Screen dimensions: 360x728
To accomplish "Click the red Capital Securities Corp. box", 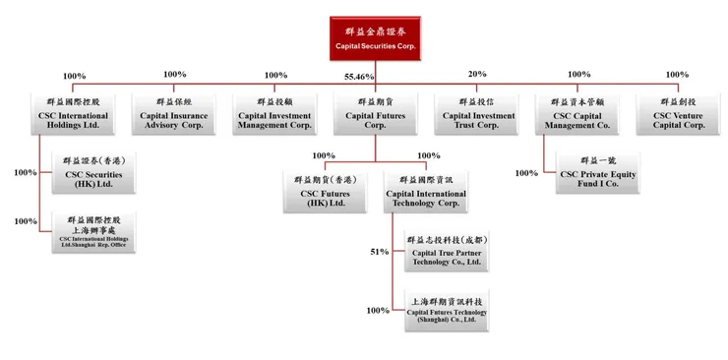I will coord(375,38).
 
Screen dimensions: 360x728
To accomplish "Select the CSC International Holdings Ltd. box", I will coord(74,113).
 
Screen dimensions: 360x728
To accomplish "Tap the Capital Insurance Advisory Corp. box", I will coord(175,113).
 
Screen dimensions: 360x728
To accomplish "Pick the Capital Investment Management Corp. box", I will coord(275,113).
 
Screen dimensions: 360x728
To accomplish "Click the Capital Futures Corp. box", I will coord(375,113).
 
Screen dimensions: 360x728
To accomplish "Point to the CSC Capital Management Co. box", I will coord(579,113).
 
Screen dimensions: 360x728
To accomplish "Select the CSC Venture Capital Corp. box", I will coord(679,113).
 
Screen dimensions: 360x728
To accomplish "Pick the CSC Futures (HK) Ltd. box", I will coord(324,192).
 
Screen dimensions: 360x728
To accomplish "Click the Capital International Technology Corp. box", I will coord(425,192).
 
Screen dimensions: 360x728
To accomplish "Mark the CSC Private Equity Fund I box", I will coord(596,172).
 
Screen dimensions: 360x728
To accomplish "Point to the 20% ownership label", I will coord(477,75).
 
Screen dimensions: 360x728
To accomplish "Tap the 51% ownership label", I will coord(380,252).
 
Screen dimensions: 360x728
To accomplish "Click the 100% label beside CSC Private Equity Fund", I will coord(526,173).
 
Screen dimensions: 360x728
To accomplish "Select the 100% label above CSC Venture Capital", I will coord(677,75).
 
